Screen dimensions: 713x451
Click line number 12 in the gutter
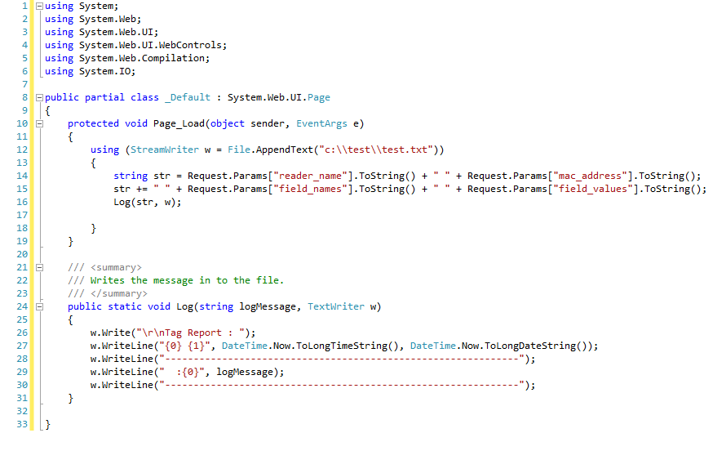[23, 150]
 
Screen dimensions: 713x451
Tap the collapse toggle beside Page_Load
[38, 123]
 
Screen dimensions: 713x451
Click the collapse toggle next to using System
[38, 7]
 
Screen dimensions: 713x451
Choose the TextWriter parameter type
[335, 306]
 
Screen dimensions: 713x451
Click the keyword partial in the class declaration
[104, 97]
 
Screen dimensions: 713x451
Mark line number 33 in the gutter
[23, 424]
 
